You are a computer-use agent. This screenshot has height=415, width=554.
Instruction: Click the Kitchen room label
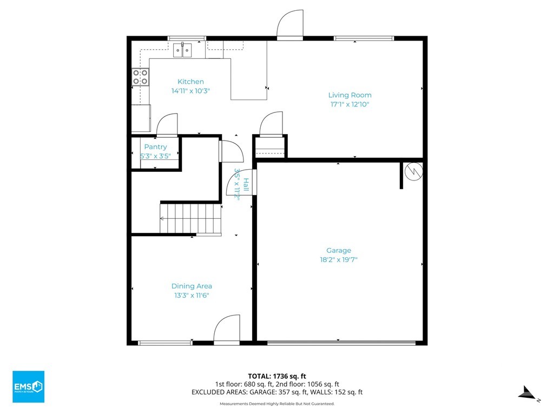pos(190,82)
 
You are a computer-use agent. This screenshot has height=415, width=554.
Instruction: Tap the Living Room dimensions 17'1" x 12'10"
pos(350,104)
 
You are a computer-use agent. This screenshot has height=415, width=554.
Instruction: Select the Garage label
pos(339,251)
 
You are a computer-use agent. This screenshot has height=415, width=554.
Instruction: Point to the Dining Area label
pos(192,286)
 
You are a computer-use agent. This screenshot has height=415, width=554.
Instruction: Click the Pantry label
pos(155,147)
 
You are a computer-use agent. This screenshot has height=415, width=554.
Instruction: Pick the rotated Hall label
pos(246,185)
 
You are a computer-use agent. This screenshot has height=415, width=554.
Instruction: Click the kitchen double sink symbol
pos(182,50)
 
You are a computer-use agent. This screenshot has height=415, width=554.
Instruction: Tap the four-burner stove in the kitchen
pos(140,77)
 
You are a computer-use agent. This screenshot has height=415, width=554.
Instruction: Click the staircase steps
pos(191,219)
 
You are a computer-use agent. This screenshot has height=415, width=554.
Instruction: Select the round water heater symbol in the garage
pos(413,171)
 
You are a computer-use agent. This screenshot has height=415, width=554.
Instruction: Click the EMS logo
pos(28,386)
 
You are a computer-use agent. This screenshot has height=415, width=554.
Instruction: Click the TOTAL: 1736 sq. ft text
pos(277,376)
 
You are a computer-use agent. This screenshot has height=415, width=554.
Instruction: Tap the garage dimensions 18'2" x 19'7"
pos(339,260)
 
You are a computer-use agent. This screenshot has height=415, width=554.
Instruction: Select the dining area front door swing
pos(227,328)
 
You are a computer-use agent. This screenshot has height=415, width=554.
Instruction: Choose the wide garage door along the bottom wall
pos(341,343)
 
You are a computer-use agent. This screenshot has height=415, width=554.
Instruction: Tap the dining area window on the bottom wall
pos(165,343)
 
